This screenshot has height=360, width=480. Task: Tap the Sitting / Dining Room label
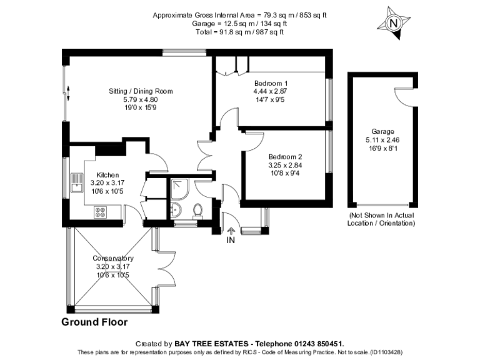(x=140, y=91)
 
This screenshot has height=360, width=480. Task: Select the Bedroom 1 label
(x=271, y=83)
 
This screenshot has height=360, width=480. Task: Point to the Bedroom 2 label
(x=286, y=157)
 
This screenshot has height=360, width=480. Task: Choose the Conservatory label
(x=113, y=258)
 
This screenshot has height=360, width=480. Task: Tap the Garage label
(x=382, y=131)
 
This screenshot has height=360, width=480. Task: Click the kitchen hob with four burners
(x=100, y=212)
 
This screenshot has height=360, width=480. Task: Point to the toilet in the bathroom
(x=198, y=209)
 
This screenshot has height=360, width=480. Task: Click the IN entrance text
(x=231, y=240)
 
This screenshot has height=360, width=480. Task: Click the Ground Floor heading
(x=94, y=322)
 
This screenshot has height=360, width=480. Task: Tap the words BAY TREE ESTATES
(x=212, y=344)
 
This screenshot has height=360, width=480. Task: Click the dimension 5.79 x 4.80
(x=140, y=99)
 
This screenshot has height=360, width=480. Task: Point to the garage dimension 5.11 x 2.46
(x=382, y=140)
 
